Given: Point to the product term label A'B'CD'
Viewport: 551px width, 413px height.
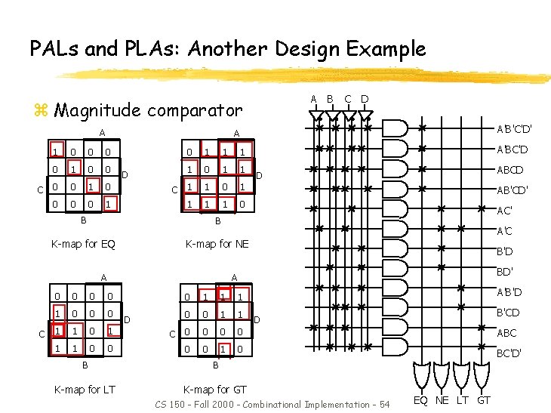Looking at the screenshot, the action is click(x=514, y=190).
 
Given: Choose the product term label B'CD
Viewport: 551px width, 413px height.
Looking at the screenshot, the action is click(x=506, y=312).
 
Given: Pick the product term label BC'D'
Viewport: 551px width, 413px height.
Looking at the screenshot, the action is click(x=507, y=352).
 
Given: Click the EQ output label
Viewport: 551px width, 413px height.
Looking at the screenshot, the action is click(x=422, y=399).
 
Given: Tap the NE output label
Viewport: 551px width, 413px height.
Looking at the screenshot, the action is click(x=443, y=399).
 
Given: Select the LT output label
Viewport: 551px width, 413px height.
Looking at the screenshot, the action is click(x=463, y=399).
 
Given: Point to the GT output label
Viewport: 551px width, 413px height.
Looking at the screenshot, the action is click(x=484, y=399).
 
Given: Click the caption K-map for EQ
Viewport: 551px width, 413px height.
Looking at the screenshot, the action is click(x=83, y=244).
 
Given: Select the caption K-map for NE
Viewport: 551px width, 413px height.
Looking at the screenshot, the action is click(x=217, y=244).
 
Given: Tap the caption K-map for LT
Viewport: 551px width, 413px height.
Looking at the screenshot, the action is click(x=84, y=390).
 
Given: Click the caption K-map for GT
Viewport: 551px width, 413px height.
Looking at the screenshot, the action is click(x=215, y=390).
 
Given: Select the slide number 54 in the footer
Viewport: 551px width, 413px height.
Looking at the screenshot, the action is click(x=384, y=405).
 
